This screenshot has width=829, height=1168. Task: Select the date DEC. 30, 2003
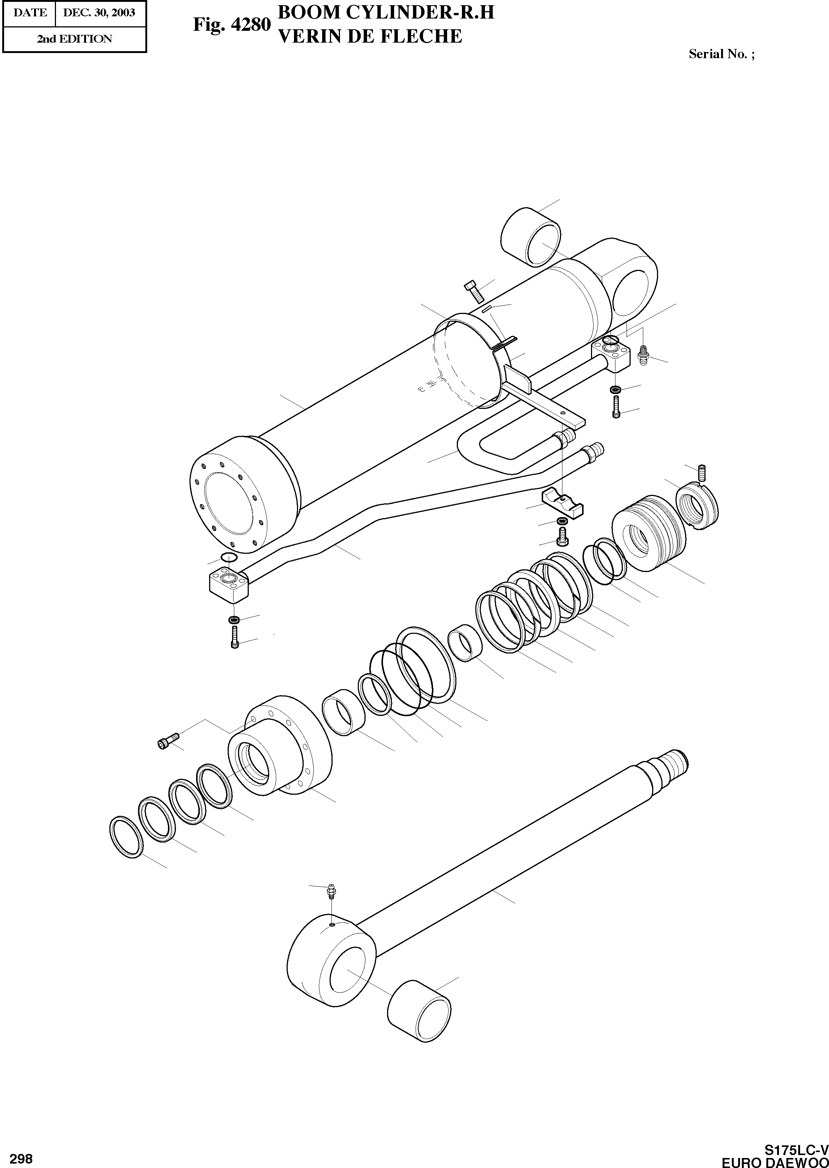(99, 12)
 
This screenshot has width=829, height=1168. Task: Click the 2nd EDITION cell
(75, 39)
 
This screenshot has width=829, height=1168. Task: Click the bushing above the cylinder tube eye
(531, 237)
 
